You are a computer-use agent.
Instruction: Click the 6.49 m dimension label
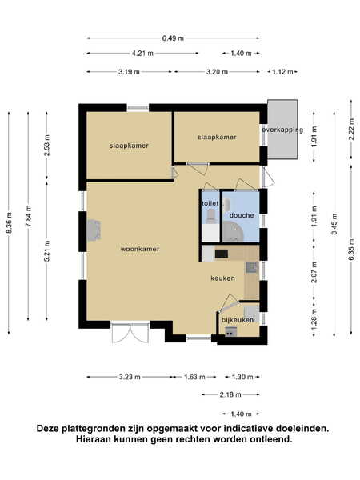coord(173,38)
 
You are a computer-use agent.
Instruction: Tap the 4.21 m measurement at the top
coord(142,54)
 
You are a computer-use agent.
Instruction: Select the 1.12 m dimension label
coord(282,72)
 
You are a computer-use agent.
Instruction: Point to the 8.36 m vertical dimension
coord(9,223)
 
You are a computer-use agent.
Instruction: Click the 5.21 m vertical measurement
coord(47,251)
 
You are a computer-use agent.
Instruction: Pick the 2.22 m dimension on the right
coord(352,129)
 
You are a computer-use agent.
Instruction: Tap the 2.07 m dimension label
coord(314,273)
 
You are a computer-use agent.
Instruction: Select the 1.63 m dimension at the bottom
coord(194,377)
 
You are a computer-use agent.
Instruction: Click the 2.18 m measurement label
coord(230,394)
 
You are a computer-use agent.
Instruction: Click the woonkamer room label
coord(140,249)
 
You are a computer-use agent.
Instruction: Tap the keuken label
coord(223,278)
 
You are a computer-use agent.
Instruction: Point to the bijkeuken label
coord(238,320)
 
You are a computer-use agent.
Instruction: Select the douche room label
coord(242,215)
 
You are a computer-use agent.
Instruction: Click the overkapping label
coord(282,130)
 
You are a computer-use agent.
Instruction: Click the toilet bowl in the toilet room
coord(211,215)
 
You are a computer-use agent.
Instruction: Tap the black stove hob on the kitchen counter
coord(222,254)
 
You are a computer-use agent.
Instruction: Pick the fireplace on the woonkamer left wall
coord(94,230)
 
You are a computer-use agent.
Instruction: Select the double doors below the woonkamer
coord(130,333)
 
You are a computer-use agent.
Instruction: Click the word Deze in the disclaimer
coord(48,428)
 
